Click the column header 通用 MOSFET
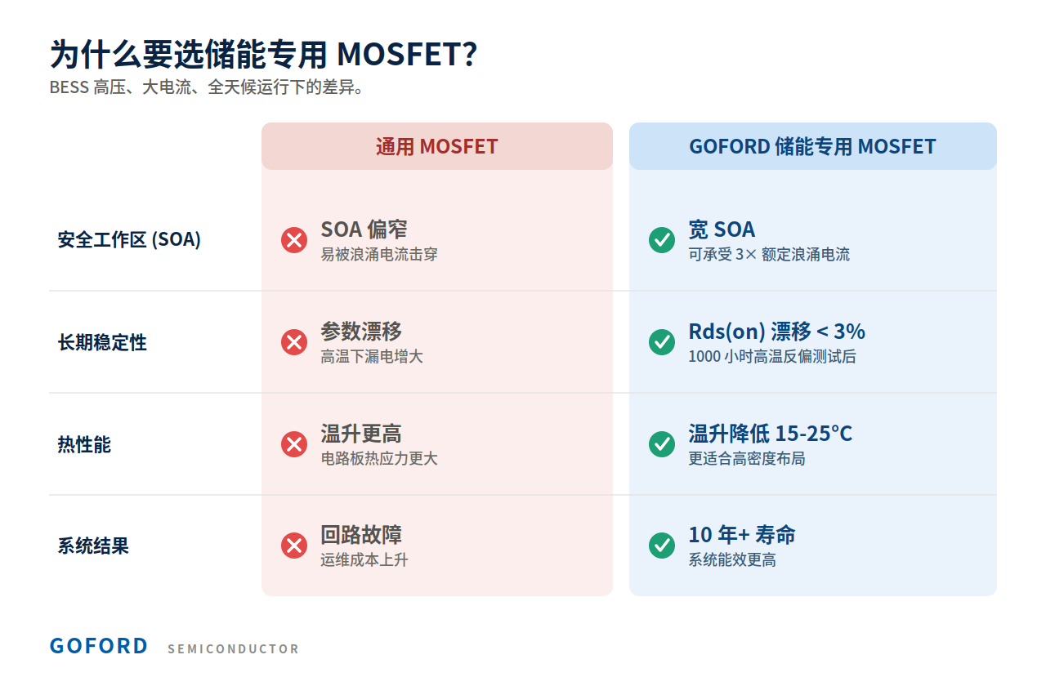pyautogui.click(x=436, y=146)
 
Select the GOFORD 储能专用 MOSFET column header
pyautogui.click(x=812, y=146)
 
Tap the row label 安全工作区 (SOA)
pyautogui.click(x=129, y=239)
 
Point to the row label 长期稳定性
pyautogui.click(x=102, y=342)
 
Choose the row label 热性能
pyautogui.click(x=84, y=443)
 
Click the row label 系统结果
pyautogui.click(x=93, y=546)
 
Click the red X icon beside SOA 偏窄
pyautogui.click(x=294, y=240)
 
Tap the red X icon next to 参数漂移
pyautogui.click(x=294, y=342)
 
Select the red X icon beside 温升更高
pyautogui.click(x=294, y=443)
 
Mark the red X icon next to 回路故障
pyautogui.click(x=294, y=545)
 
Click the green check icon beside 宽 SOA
pyautogui.click(x=662, y=240)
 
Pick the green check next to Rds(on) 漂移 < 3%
pyautogui.click(x=662, y=342)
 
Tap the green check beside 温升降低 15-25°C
pyautogui.click(x=662, y=443)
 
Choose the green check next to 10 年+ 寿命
pyautogui.click(x=662, y=545)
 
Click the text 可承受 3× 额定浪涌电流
pyautogui.click(x=769, y=254)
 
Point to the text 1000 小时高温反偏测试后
pyautogui.click(x=772, y=357)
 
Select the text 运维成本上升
pyautogui.click(x=364, y=559)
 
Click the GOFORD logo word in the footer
pyautogui.click(x=99, y=646)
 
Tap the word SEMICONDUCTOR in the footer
pyautogui.click(x=233, y=649)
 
